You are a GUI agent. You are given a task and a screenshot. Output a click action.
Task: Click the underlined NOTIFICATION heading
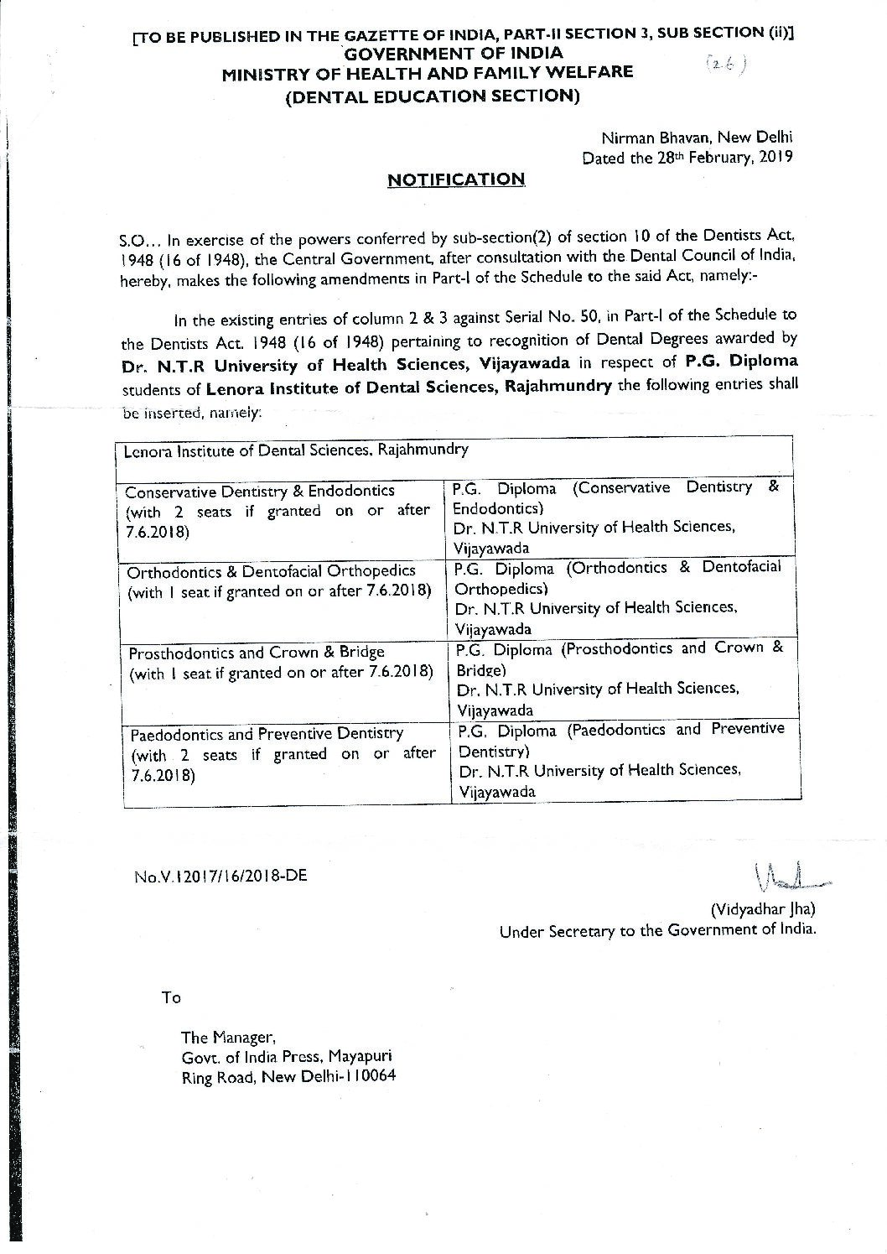[x=456, y=180]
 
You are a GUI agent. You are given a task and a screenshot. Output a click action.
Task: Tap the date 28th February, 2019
[x=724, y=157]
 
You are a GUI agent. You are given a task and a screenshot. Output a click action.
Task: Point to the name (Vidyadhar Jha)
[x=762, y=909]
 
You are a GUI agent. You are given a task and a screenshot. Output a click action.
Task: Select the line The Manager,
[x=227, y=1038]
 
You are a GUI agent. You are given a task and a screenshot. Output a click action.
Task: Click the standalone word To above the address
[x=171, y=997]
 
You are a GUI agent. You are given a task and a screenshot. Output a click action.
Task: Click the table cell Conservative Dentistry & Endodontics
[x=260, y=491]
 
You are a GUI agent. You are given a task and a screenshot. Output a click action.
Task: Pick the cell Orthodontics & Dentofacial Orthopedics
[x=271, y=571]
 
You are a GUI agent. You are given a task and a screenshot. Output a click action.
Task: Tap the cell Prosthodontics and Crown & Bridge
[x=256, y=653]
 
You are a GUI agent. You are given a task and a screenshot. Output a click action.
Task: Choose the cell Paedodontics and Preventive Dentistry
[x=267, y=734]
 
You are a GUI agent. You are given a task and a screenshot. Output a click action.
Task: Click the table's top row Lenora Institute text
[x=295, y=450]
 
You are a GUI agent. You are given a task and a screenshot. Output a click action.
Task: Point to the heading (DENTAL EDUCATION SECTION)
[x=432, y=96]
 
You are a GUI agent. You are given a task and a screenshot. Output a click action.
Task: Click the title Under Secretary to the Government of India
[x=657, y=930]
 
